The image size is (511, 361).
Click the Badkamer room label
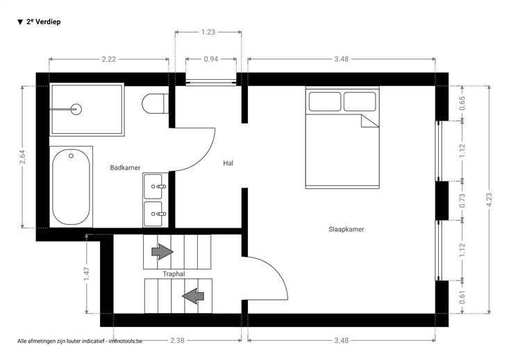125,168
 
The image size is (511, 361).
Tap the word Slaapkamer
346,229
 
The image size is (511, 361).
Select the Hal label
228,163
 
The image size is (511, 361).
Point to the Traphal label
174,274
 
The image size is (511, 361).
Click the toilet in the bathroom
155,103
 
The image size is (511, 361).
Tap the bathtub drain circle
71,156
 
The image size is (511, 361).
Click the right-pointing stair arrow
162,251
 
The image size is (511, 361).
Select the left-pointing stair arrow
193,296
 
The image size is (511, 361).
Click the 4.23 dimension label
489,200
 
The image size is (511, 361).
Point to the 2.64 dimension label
22,157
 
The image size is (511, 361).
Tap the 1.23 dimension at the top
208,32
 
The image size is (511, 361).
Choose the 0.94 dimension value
211,59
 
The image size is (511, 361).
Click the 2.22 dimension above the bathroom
109,59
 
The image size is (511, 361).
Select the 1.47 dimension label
86,274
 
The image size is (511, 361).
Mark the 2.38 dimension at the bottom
177,340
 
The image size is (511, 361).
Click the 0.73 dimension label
462,201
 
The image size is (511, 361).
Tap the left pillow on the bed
325,101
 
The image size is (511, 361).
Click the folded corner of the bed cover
370,121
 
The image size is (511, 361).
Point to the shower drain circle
76,109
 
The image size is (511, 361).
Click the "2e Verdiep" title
43,22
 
